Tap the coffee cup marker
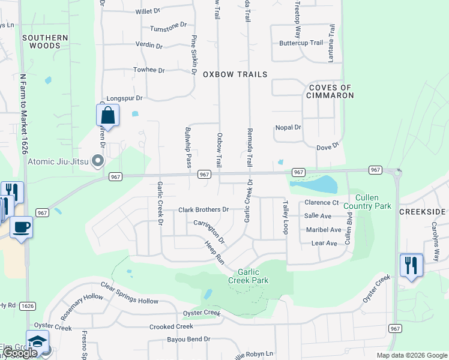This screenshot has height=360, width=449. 22,227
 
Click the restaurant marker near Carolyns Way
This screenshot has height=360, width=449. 411,265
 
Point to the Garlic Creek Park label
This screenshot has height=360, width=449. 248,276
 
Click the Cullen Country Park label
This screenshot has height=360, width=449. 373,202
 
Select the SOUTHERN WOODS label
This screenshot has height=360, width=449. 45,41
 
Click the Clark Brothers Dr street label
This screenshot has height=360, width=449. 204,210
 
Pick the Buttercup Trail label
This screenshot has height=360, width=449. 301,43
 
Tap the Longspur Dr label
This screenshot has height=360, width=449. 124,98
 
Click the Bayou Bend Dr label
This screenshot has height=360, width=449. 190,339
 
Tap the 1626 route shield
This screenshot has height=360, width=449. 26,306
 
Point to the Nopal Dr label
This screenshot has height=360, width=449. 288,127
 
